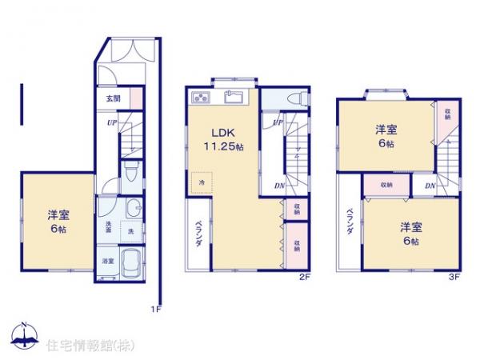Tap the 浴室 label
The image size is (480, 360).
pyautogui.click(x=107, y=261)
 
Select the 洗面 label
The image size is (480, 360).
pyautogui.click(x=107, y=226)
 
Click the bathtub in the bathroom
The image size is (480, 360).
pyautogui.click(x=130, y=262)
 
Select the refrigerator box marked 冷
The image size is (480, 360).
pyautogui.click(x=202, y=182)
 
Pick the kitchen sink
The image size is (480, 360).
pyautogui.click(x=234, y=99)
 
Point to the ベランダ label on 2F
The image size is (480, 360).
pyautogui.click(x=199, y=233)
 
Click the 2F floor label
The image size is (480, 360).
pyautogui.click(x=304, y=277)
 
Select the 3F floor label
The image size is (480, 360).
pyautogui.click(x=454, y=277)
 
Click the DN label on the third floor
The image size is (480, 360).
pyautogui.click(x=430, y=186)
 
